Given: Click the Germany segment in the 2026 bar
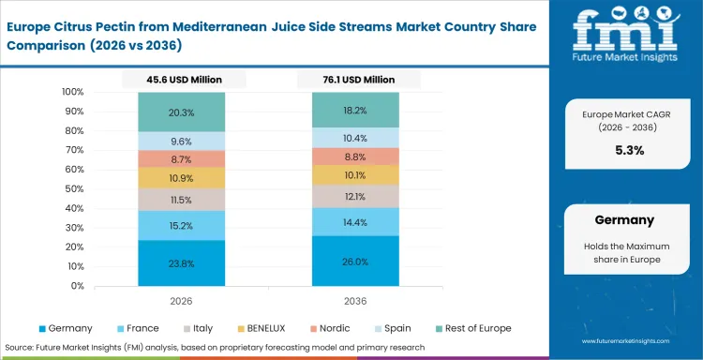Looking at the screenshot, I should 183,263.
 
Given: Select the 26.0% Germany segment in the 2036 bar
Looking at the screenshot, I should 355,261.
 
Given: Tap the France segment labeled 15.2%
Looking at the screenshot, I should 183,225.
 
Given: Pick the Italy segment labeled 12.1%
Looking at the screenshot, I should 355,196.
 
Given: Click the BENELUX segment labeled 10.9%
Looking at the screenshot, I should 183,177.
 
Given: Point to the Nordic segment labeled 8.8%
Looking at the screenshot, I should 355,157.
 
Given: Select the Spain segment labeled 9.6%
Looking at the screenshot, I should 183,142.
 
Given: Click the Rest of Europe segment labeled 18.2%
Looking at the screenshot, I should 355,110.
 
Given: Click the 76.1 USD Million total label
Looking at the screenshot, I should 355,82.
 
